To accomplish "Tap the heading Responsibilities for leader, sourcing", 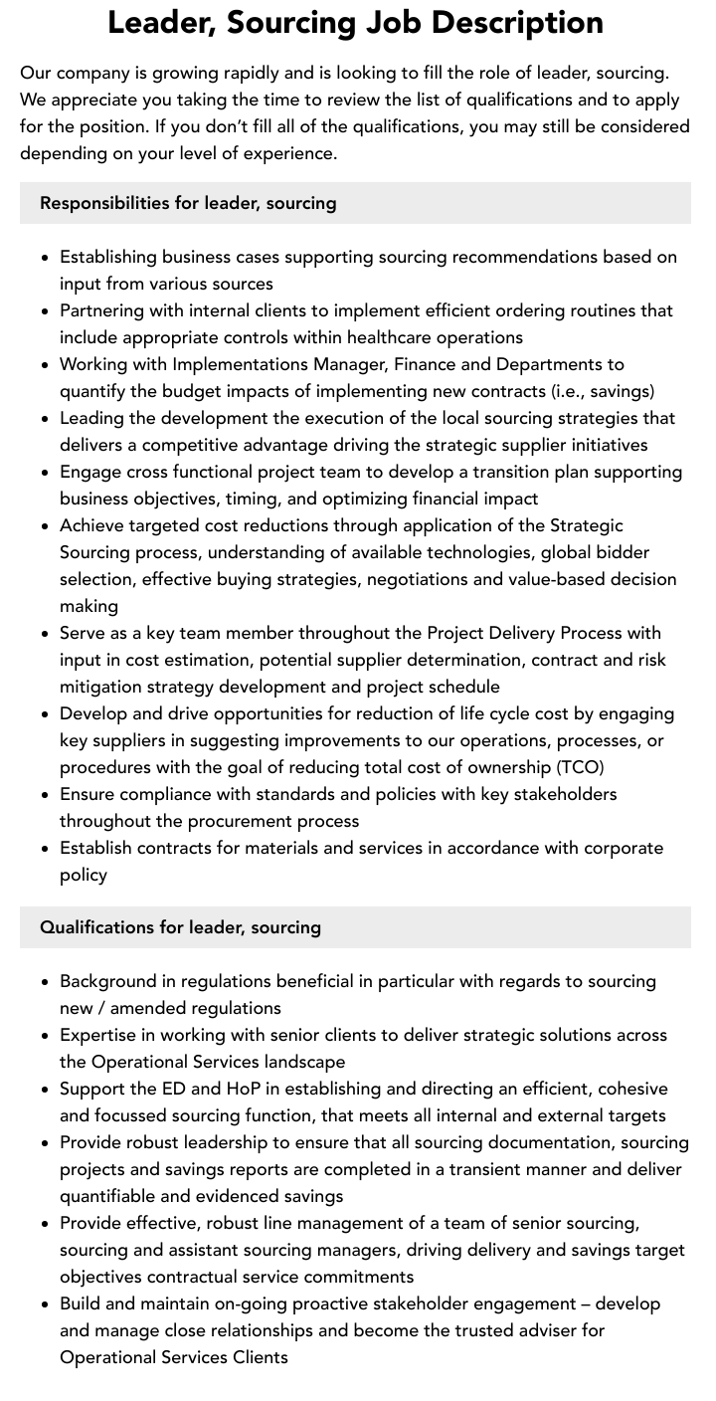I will pos(188,203).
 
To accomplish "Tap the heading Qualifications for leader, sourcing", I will pos(180,927).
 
